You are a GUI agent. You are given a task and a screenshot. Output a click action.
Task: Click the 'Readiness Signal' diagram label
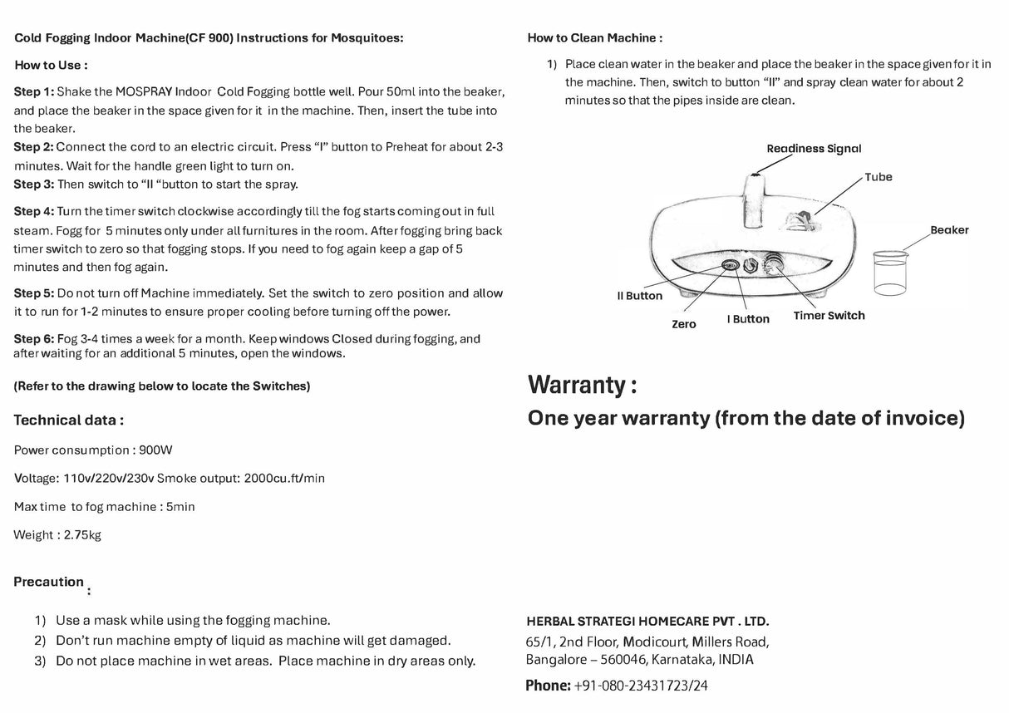pyautogui.click(x=813, y=149)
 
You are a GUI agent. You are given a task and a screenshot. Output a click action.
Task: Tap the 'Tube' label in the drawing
pyautogui.click(x=878, y=177)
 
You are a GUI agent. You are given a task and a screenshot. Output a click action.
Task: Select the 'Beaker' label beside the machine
pyautogui.click(x=949, y=230)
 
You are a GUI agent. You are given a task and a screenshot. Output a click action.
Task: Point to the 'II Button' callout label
pyautogui.click(x=639, y=296)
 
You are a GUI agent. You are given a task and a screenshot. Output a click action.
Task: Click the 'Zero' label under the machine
pyautogui.click(x=683, y=324)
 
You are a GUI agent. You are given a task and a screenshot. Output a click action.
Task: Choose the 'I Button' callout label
pyautogui.click(x=748, y=319)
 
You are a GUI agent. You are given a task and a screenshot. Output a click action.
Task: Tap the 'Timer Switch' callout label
pyautogui.click(x=829, y=316)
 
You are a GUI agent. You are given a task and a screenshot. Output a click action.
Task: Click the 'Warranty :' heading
pyautogui.click(x=582, y=385)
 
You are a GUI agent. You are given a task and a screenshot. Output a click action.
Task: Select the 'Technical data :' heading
pyautogui.click(x=68, y=420)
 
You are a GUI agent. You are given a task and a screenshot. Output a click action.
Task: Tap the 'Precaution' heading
pyautogui.click(x=48, y=582)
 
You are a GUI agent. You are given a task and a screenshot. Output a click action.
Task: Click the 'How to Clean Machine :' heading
pyautogui.click(x=594, y=38)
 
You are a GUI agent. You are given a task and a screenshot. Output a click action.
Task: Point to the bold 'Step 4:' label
pyautogui.click(x=34, y=212)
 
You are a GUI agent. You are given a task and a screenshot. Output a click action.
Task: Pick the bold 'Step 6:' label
pyautogui.click(x=34, y=339)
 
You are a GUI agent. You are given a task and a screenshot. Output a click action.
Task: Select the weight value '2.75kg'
pyautogui.click(x=82, y=535)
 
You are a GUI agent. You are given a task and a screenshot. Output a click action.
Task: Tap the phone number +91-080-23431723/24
pyautogui.click(x=641, y=686)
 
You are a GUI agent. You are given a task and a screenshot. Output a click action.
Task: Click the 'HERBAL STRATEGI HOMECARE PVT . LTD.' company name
pyautogui.click(x=647, y=622)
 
